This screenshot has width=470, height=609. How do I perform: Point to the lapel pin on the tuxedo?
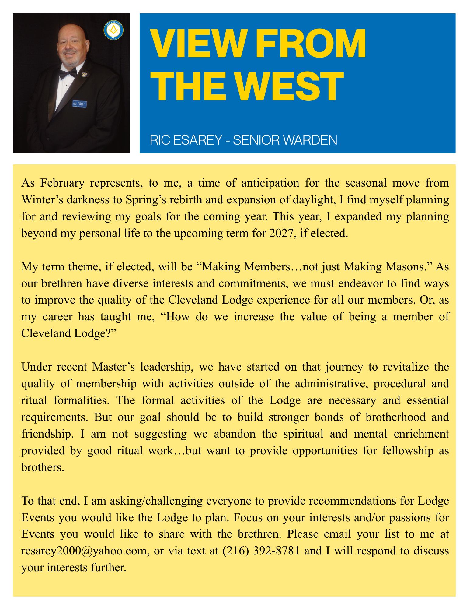tap(84, 74)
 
